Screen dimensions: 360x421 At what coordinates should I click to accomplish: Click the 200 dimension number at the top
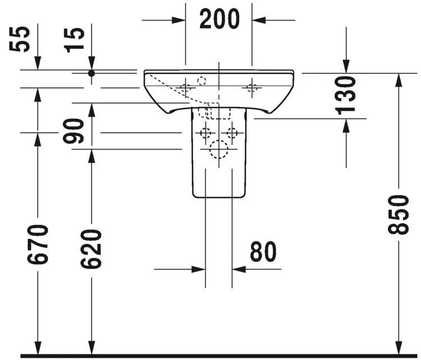coord(219,20)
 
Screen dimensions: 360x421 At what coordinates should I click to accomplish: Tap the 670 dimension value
coord(38,245)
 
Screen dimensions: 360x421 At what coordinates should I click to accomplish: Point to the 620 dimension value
coord(91,248)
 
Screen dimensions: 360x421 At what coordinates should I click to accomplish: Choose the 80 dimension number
coord(263,252)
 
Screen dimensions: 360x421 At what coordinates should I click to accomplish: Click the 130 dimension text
coord(346,95)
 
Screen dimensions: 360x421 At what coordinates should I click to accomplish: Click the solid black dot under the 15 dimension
coord(91,73)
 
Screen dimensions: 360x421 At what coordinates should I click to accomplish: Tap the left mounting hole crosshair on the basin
coord(186,87)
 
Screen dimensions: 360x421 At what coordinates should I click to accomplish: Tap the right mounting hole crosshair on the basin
coord(252,87)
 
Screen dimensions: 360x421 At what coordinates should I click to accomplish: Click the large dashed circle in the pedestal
coord(219,150)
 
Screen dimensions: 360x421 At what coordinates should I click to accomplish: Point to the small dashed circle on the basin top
coord(202,81)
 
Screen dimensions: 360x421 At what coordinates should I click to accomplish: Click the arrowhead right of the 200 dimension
coord(259,20)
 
